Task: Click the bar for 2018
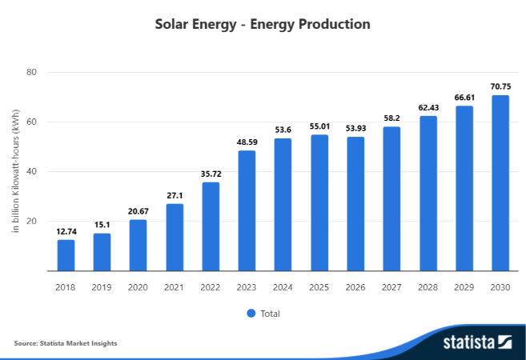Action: pos(66,255)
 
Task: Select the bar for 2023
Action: pos(247,210)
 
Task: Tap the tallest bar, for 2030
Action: pos(500,183)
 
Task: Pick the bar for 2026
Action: pos(355,204)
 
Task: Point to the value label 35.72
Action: pos(211,173)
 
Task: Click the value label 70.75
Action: pos(500,86)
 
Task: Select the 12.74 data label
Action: pos(66,230)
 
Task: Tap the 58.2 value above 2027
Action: pos(391,117)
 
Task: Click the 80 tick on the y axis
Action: pos(32,72)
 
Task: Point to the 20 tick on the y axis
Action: pos(32,221)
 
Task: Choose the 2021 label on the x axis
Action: pos(175,286)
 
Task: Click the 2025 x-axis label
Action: pos(319,286)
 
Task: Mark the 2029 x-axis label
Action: pos(464,286)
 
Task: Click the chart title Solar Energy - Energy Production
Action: pos(263,24)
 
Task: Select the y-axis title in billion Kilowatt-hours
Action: pos(15,171)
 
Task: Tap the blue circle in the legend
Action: pos(251,313)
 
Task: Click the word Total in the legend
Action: pos(270,314)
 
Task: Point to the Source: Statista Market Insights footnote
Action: pos(66,343)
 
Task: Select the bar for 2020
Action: pos(138,245)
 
